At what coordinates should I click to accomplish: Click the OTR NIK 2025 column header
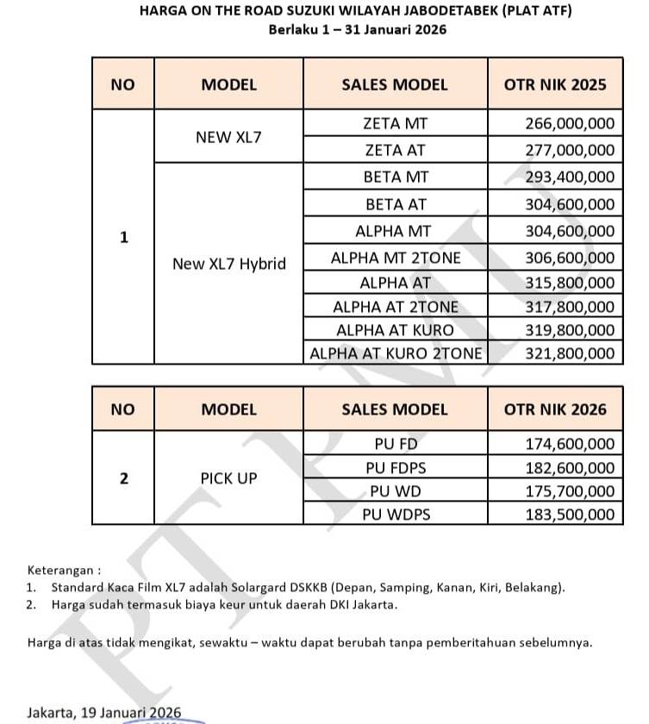[554, 84]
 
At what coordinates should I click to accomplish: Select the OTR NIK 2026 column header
[554, 409]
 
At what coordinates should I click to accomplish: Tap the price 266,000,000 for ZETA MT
[570, 124]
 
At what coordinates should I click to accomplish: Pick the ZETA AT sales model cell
[395, 150]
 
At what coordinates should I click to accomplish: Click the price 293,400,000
[570, 178]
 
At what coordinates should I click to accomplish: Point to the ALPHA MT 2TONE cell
[395, 258]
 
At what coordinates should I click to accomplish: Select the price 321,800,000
[570, 353]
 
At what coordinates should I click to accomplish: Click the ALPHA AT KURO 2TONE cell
[395, 353]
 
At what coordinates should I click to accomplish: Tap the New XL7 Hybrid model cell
[228, 264]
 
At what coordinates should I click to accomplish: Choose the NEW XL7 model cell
[228, 136]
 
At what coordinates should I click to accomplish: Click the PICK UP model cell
[228, 477]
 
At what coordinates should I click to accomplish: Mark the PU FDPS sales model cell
[395, 468]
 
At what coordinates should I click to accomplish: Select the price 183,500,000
[570, 515]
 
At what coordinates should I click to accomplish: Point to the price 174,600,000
[570, 445]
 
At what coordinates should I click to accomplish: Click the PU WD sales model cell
[395, 491]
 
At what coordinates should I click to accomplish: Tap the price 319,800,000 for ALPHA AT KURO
[570, 330]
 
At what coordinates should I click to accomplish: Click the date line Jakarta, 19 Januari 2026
[103, 712]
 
